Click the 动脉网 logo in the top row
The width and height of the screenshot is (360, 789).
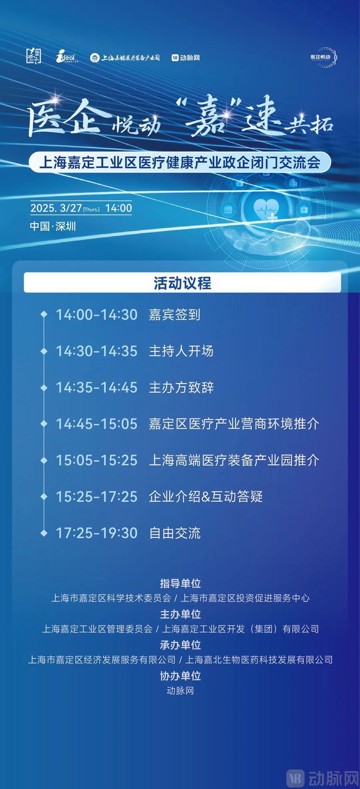185,58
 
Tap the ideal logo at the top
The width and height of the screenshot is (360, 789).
67,57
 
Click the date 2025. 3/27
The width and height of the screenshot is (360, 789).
56,208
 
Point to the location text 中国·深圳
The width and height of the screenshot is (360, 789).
53,226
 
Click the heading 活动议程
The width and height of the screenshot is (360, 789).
182,283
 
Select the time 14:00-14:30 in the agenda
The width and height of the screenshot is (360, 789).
96,315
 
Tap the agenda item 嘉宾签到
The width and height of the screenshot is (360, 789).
175,315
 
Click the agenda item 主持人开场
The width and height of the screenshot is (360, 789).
181,351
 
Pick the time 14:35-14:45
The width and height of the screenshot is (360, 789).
96,388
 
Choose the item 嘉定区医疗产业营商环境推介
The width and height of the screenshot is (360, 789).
234,424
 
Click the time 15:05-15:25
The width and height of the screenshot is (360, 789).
96,460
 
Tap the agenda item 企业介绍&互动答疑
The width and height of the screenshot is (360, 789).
206,497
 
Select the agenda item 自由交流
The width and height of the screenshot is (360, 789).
175,533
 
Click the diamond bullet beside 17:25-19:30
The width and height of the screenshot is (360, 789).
44,533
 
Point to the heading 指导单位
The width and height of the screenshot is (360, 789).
180,583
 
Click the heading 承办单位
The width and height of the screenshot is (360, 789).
180,645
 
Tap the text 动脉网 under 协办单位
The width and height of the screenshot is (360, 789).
180,691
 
